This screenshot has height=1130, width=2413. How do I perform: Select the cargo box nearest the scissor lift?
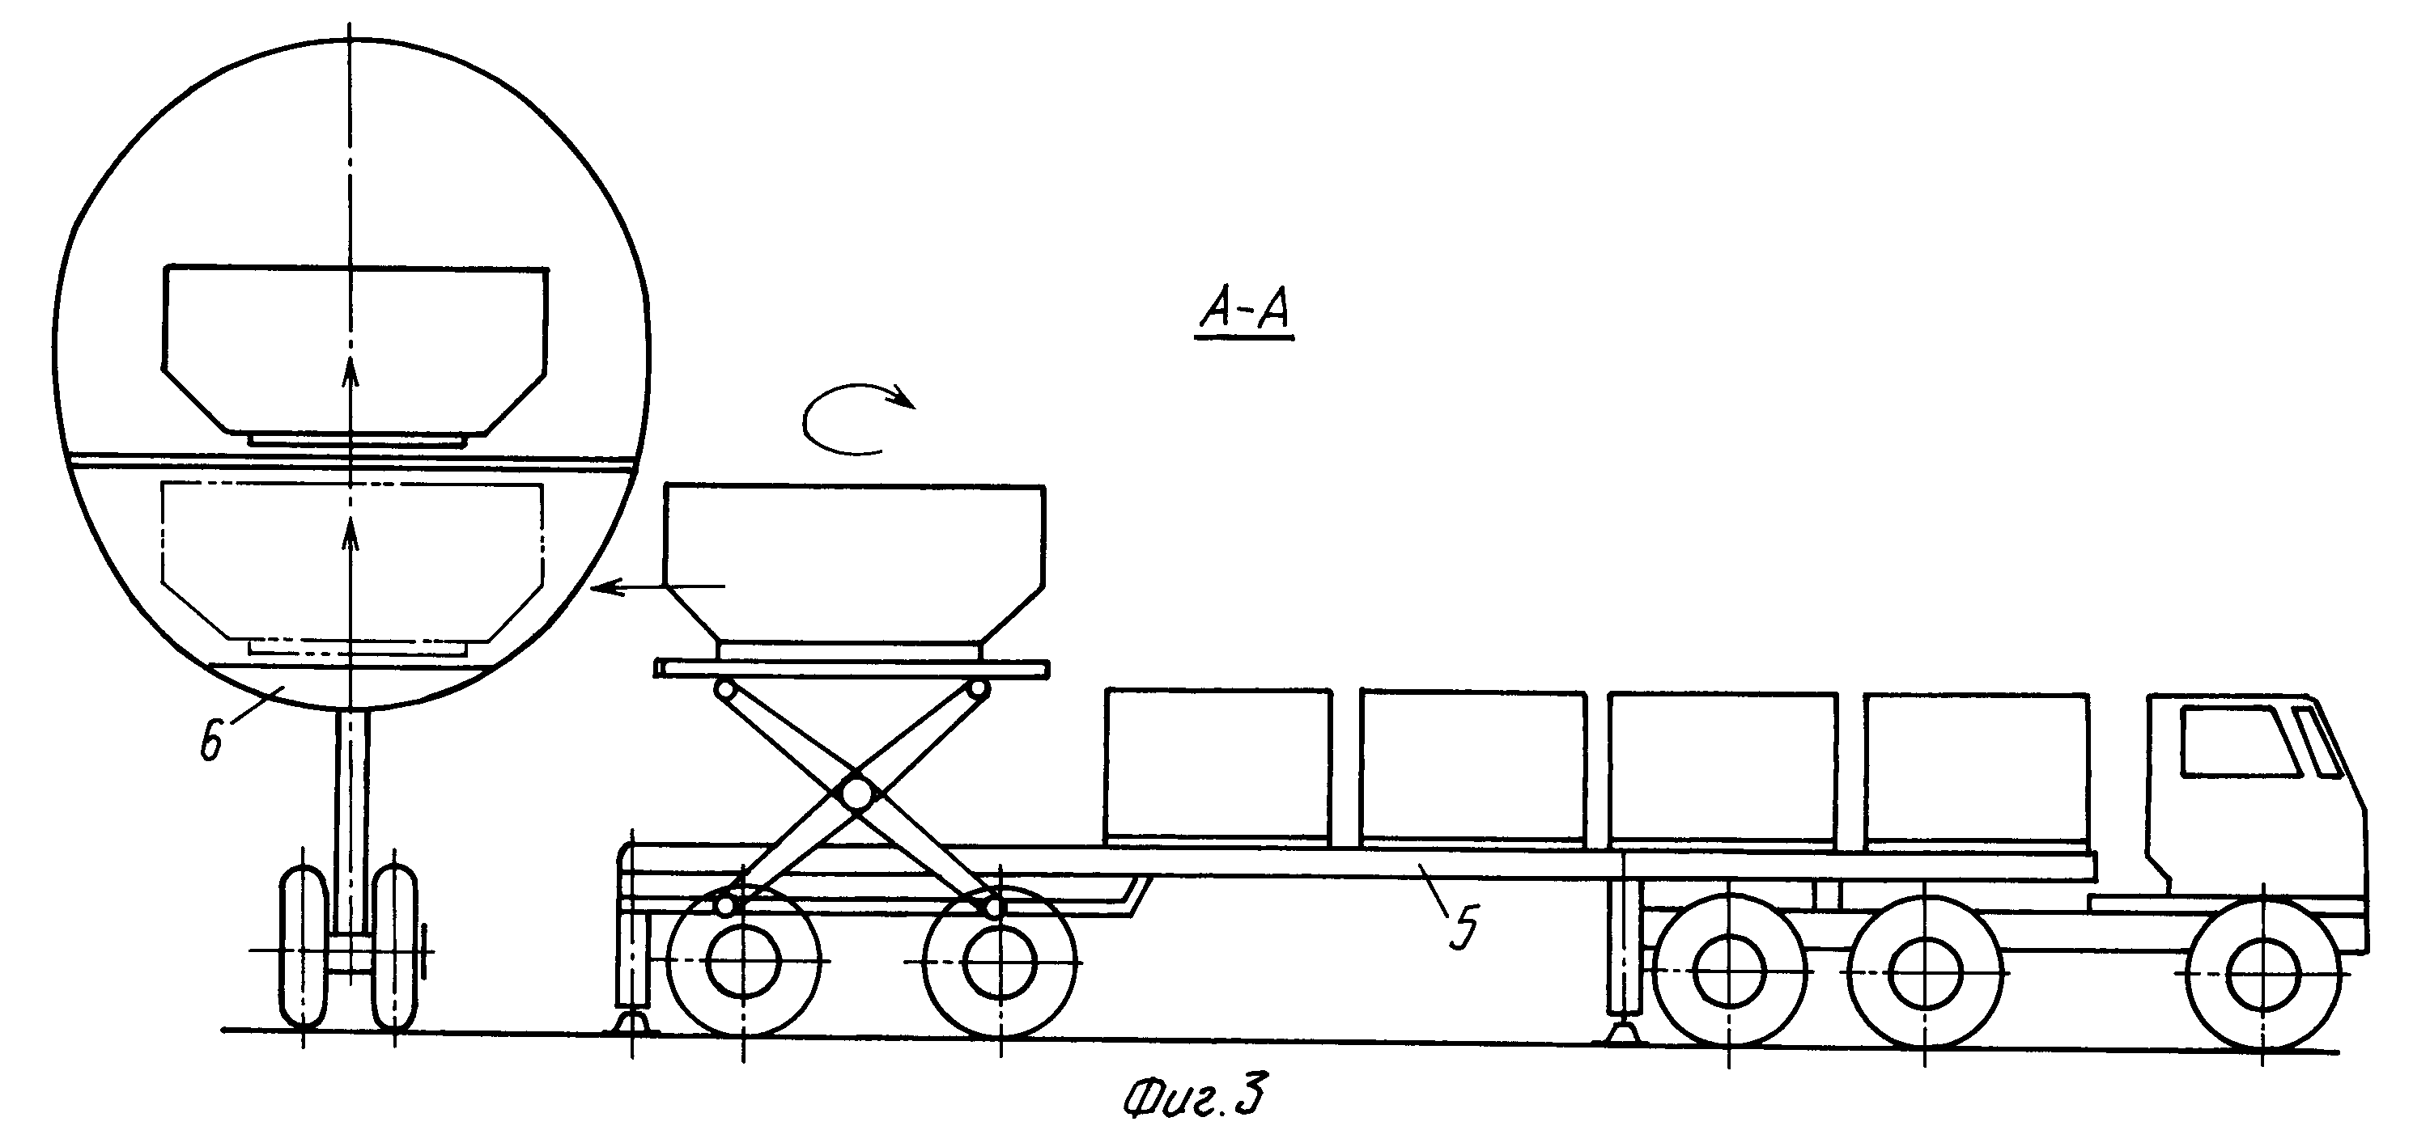click(x=1217, y=766)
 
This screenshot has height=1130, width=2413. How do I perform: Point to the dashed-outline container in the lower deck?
click(x=352, y=561)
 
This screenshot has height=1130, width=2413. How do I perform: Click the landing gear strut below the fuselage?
click(x=352, y=824)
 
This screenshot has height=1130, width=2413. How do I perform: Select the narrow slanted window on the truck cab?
click(x=2318, y=742)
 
